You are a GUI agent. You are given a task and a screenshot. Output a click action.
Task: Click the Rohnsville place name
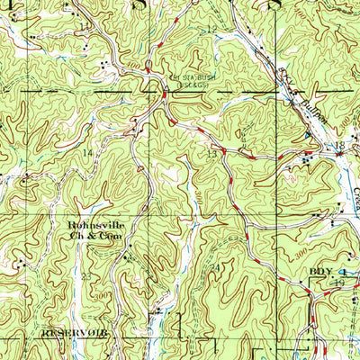[x=94, y=226]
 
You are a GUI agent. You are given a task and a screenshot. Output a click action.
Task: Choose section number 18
[x=340, y=145]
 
